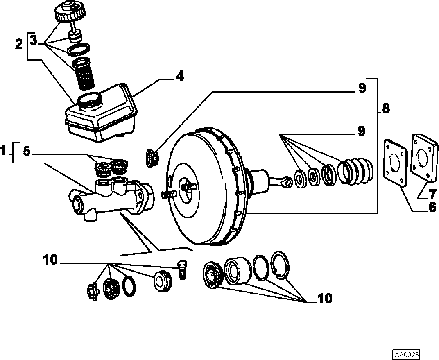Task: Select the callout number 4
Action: point(179,76)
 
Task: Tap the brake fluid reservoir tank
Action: point(101,113)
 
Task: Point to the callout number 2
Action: point(19,45)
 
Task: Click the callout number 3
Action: point(33,40)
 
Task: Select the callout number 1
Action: point(3,152)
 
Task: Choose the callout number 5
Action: point(26,152)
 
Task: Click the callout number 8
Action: point(386,109)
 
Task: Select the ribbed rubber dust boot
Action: point(355,172)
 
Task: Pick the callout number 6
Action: point(432,207)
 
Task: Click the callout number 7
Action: point(433,193)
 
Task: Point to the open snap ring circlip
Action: point(280,265)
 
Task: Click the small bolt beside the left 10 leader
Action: point(183,269)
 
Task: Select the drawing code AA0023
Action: point(406,355)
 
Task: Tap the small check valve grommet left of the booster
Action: point(152,159)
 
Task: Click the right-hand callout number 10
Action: point(325,299)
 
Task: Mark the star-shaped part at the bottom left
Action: point(93,292)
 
